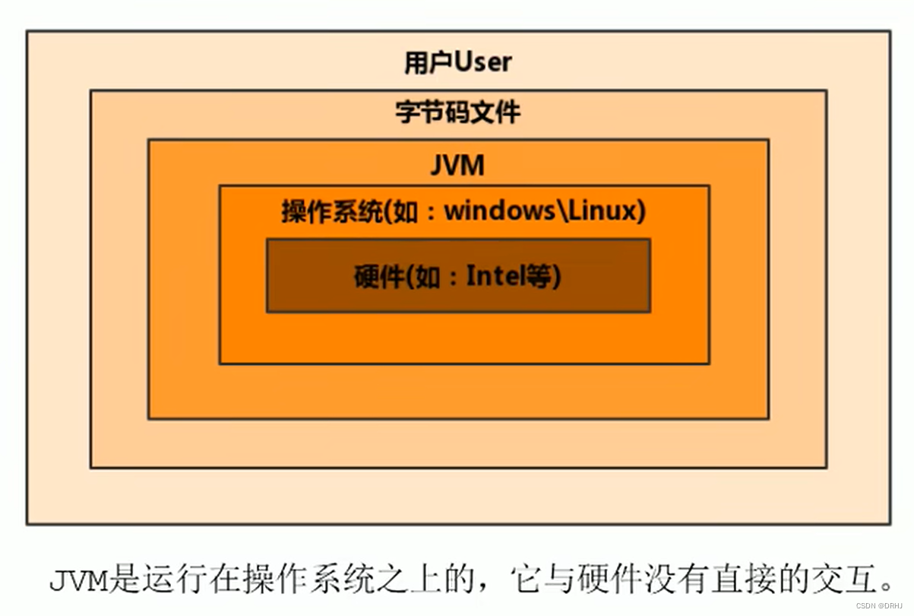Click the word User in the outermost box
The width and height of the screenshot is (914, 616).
(x=483, y=62)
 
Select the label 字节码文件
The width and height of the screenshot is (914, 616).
(x=458, y=113)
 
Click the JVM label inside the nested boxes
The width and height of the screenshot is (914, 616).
(x=457, y=165)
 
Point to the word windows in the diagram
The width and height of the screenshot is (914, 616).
(x=499, y=211)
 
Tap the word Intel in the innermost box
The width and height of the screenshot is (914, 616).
(x=496, y=276)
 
